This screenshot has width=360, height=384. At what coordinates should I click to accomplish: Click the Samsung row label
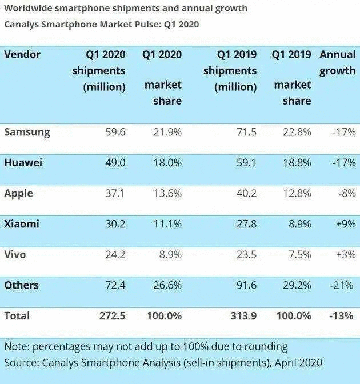pos(27,132)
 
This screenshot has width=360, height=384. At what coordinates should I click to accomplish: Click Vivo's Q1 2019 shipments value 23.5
pos(245,254)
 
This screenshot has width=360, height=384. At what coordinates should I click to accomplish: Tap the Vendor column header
pos(22,55)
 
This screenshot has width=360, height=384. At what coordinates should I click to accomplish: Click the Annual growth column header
pos(338,63)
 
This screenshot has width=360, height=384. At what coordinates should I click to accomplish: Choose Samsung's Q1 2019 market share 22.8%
pos(296,132)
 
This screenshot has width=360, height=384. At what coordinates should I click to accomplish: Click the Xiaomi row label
pos(22,224)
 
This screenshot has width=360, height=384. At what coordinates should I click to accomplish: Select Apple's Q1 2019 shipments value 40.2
pos(245,193)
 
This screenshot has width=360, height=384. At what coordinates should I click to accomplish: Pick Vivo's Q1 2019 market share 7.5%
pos(299,254)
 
